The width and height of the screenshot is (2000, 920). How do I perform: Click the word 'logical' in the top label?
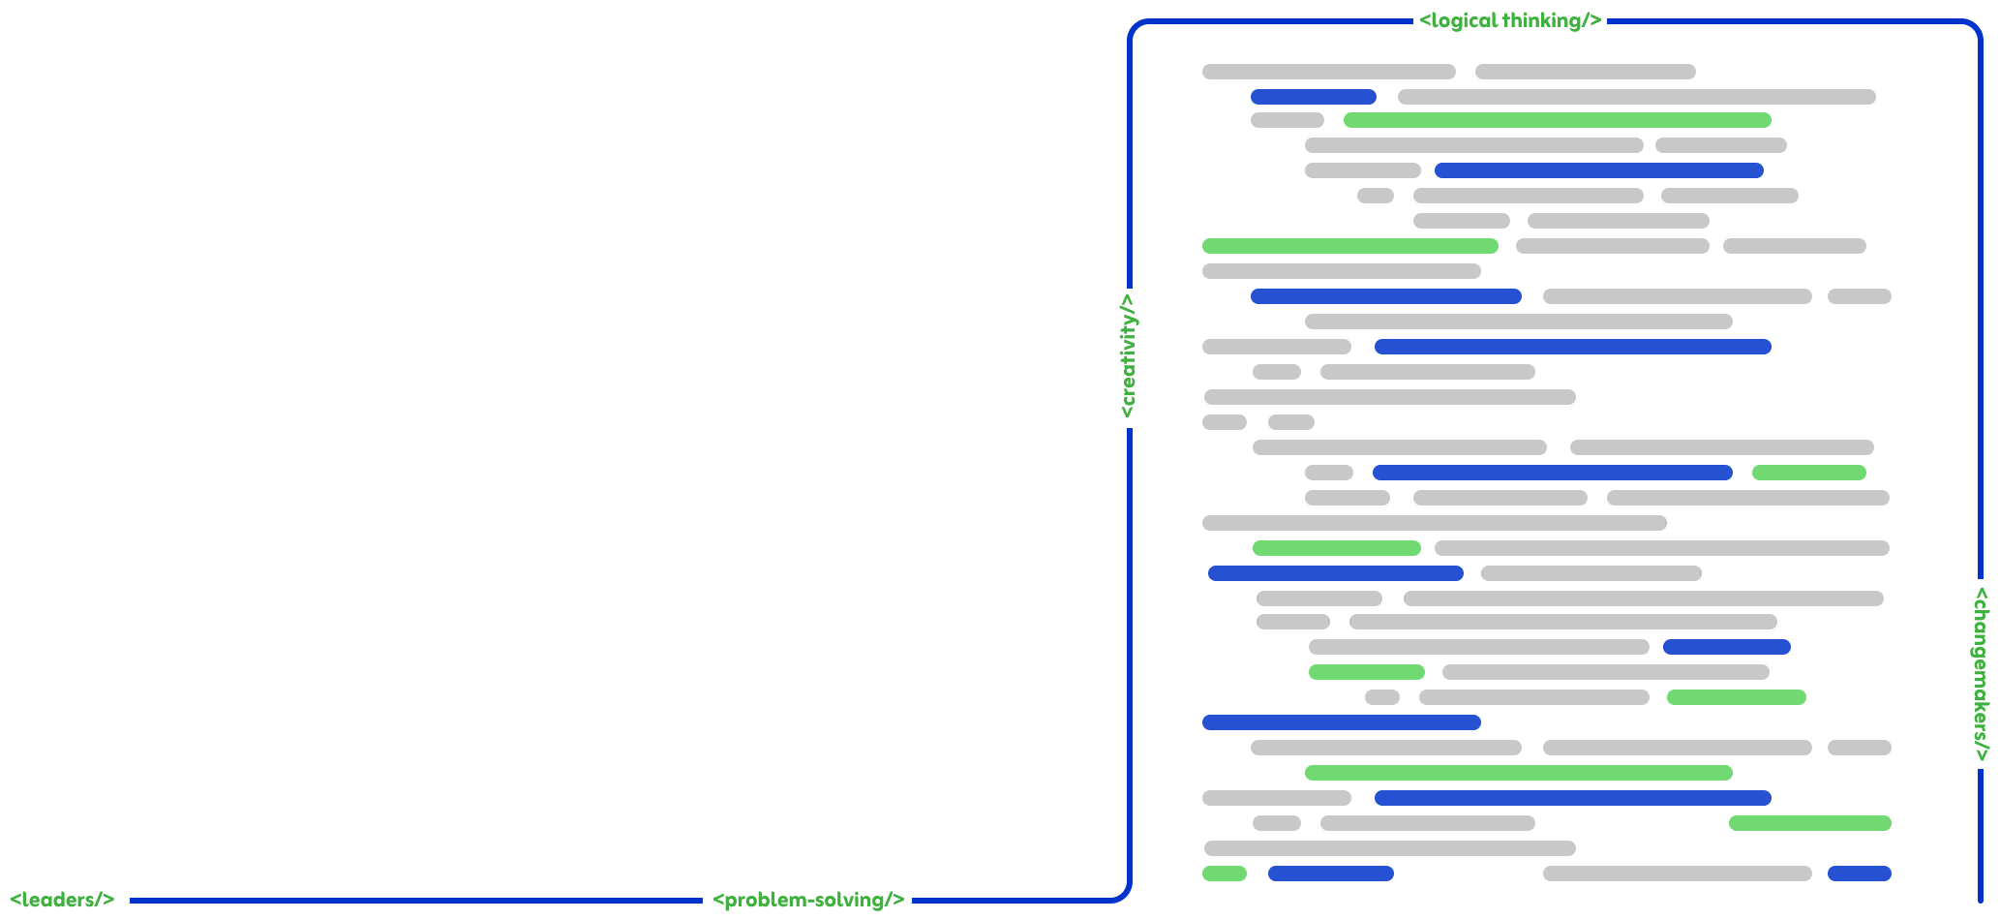[x=1463, y=20]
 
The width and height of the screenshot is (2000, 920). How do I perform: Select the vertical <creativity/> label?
[x=1128, y=357]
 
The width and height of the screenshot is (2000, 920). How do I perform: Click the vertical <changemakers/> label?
[x=1980, y=674]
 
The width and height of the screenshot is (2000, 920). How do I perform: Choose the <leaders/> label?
[x=63, y=900]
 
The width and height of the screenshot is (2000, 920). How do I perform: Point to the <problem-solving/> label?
[x=807, y=900]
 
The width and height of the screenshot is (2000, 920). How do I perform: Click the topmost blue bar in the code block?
[x=1313, y=97]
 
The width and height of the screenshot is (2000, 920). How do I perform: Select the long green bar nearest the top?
[x=1557, y=120]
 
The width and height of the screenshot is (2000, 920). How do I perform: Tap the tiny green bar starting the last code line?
[x=1224, y=874]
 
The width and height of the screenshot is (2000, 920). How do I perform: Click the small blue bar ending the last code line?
[x=1859, y=874]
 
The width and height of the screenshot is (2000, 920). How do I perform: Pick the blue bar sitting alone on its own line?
[x=1341, y=722]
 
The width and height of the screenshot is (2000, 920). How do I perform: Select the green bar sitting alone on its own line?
[x=1518, y=773]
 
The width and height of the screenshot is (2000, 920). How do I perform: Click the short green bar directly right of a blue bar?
[x=1808, y=473]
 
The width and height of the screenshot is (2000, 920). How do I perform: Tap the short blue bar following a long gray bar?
[x=1726, y=647]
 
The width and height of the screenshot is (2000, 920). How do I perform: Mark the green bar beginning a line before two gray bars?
[x=1349, y=246]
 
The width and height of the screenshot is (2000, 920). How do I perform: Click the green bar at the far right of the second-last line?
[x=1809, y=823]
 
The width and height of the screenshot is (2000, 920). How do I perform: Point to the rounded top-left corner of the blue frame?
[x=1136, y=28]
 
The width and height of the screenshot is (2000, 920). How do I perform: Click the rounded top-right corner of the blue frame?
[x=1974, y=28]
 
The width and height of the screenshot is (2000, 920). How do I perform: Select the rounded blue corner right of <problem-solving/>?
[x=1122, y=893]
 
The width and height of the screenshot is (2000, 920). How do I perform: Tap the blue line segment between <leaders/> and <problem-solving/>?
[x=416, y=901]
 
